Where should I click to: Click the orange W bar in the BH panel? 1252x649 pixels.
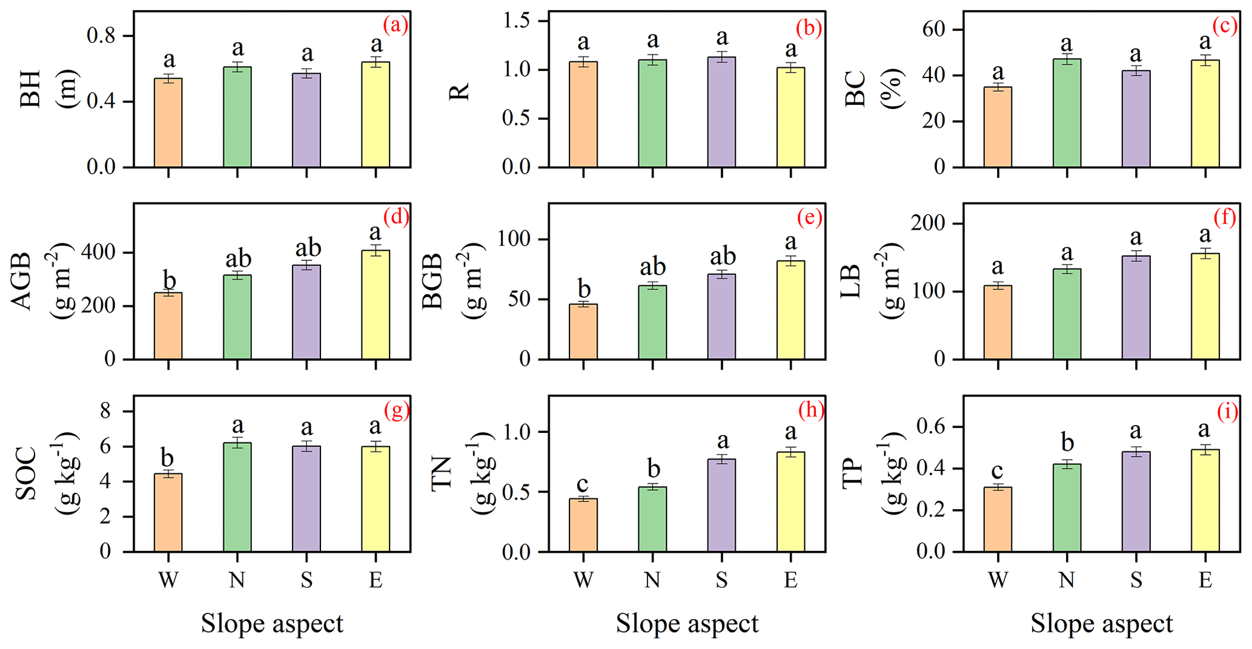tap(168, 123)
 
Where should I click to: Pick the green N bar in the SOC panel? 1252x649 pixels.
tap(237, 497)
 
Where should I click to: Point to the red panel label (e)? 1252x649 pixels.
tap(810, 217)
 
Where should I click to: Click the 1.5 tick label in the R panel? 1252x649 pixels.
tap(517, 21)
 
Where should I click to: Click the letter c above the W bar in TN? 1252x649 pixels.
tap(583, 484)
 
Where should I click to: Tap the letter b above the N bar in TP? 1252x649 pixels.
tap(1067, 444)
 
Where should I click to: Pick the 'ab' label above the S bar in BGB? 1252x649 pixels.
tap(722, 256)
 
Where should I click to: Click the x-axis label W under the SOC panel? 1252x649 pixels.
tap(168, 580)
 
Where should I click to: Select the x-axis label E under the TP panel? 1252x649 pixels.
tap(1205, 580)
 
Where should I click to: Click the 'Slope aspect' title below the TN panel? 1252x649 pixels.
tap(687, 624)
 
